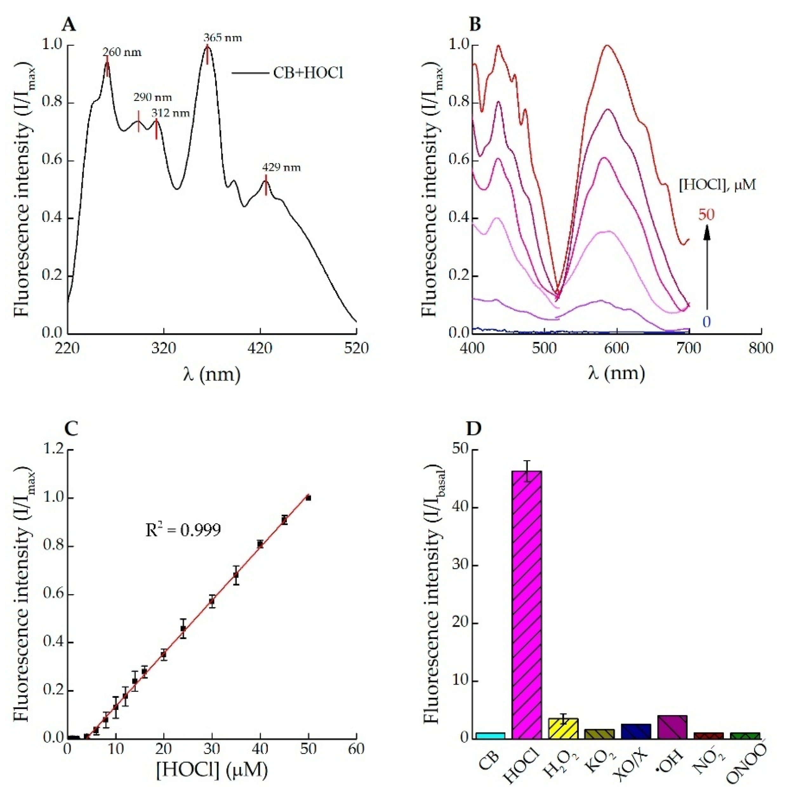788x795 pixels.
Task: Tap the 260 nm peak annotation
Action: pyautogui.click(x=122, y=52)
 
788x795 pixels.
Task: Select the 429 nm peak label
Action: pyautogui.click(x=281, y=168)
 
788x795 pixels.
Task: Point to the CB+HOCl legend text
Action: pyautogui.click(x=308, y=73)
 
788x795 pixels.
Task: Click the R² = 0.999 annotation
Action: pyautogui.click(x=183, y=530)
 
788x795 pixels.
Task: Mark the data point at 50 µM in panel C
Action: pyautogui.click(x=308, y=498)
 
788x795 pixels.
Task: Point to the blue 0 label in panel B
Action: pyautogui.click(x=706, y=322)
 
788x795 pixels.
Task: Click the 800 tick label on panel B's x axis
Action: pyautogui.click(x=761, y=348)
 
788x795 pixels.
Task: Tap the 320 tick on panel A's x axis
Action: pyautogui.click(x=164, y=348)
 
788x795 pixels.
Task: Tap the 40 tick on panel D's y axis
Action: pyautogui.click(x=460, y=508)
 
